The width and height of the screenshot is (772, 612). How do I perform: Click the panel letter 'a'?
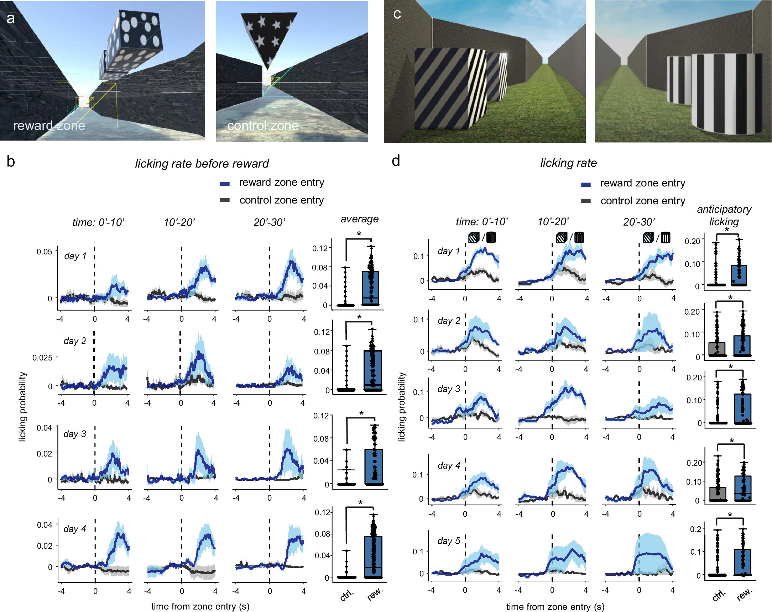tap(11, 18)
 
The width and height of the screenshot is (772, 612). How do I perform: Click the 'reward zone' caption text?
tap(49, 126)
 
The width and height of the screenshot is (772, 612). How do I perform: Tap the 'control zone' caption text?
tap(262, 126)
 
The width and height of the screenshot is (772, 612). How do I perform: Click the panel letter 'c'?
tap(397, 14)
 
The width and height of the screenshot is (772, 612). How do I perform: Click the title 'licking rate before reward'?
tap(202, 164)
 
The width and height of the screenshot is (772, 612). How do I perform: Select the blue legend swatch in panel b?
tap(224, 184)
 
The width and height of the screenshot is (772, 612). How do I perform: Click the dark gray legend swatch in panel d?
tap(586, 201)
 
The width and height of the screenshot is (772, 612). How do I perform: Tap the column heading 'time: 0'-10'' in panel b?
tap(99, 222)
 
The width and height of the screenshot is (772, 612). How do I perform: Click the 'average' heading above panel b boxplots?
tap(359, 219)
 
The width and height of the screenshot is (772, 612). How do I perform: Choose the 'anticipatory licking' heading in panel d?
tap(724, 215)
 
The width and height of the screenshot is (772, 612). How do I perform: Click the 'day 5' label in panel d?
tap(449, 540)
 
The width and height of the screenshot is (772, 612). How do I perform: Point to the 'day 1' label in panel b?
tap(75, 256)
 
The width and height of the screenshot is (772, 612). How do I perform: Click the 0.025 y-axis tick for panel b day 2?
tap(42, 358)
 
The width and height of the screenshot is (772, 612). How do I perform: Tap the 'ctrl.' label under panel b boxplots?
tap(346, 595)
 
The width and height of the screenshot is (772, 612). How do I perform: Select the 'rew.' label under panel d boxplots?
tap(744, 594)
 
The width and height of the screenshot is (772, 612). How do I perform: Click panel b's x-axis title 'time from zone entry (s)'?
tap(200, 606)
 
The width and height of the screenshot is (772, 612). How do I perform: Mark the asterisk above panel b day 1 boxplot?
tap(359, 234)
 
